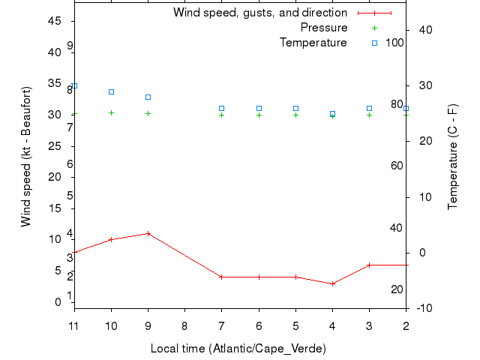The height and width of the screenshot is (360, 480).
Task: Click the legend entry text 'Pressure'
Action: (323, 28)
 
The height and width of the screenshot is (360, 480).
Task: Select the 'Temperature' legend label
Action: (313, 43)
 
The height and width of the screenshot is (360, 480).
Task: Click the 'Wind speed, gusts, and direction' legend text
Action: (259, 13)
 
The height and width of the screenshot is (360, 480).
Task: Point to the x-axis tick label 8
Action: (184, 325)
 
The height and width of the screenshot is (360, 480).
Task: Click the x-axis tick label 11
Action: (74, 325)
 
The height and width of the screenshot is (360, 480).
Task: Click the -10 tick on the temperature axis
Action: (423, 308)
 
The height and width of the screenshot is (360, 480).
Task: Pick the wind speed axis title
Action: (26, 157)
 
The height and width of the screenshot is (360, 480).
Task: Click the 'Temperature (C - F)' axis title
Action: (453, 157)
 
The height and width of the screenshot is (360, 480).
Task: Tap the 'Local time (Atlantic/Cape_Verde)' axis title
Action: (238, 349)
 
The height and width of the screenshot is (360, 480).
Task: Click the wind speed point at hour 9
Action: (148, 233)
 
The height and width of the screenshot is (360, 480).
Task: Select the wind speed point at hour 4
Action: (332, 283)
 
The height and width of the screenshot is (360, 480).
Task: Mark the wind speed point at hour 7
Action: (221, 277)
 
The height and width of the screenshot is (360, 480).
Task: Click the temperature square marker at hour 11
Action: (74, 85)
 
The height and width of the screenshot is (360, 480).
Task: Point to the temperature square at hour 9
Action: (148, 97)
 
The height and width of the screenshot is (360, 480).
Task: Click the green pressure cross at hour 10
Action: (111, 112)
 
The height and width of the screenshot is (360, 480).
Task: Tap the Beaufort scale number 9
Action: (69, 46)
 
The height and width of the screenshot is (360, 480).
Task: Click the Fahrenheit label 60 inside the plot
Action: (397, 166)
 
